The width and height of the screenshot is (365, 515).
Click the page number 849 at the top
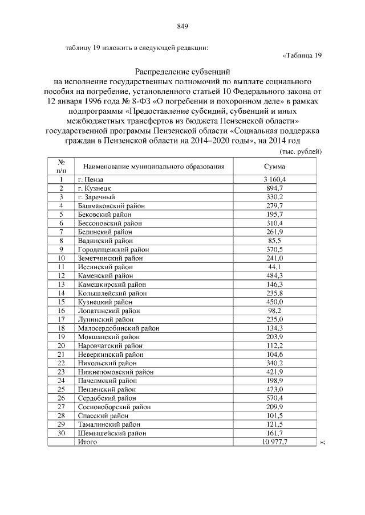point(182,26)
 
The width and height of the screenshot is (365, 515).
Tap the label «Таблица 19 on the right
point(302,55)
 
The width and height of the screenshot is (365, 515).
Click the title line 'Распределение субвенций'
point(182,72)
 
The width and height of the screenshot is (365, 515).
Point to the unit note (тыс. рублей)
point(301,151)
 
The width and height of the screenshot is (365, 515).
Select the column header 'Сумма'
point(274,167)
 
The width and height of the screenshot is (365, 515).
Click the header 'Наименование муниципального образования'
point(153,167)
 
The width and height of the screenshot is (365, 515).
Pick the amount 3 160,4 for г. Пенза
point(274,179)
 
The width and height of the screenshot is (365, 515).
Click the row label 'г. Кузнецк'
point(94,188)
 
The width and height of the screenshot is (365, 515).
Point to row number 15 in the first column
point(62,302)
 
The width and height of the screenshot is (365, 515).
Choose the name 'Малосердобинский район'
point(119,328)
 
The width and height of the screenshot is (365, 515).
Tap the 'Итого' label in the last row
point(87,442)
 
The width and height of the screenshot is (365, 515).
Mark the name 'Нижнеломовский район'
point(116,372)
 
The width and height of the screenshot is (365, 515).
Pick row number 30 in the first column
point(62,433)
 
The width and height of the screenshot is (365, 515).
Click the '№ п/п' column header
point(62,166)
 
